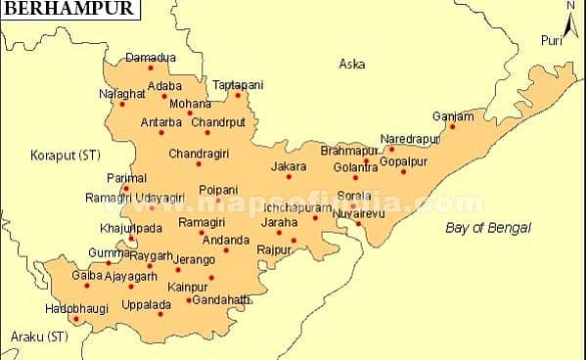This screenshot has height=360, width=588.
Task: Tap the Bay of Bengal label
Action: pos(487,227)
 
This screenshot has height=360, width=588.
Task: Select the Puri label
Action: pos(553,40)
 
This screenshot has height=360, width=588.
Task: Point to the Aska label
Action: pos(351,65)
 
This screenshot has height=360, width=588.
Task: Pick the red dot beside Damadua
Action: pos(151,67)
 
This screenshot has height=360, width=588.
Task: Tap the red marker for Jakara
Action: pos(289,176)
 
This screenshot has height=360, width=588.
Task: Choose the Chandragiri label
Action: pos(198,154)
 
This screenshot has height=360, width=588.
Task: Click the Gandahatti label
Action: pos(220,299)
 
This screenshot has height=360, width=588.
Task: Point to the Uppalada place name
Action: pos(147,304)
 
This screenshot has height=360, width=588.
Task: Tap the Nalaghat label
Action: pos(121,93)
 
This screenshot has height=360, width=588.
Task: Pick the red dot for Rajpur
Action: pos(294,240)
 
